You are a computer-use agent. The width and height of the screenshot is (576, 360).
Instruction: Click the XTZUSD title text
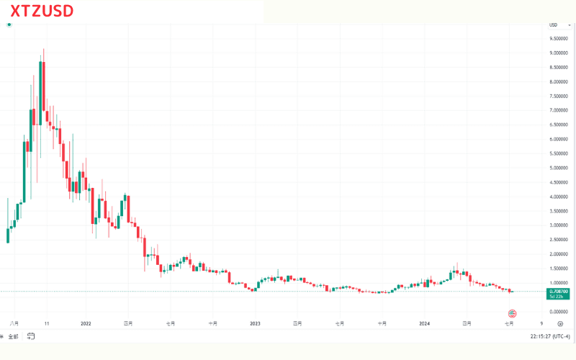(42, 11)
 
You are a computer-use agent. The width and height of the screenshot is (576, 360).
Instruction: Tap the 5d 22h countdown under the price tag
(559, 296)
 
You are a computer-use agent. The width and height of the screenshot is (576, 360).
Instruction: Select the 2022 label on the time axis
(86, 324)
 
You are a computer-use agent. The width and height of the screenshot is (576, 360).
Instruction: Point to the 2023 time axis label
(255, 324)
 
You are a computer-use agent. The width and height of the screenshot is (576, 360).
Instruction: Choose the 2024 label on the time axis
(424, 324)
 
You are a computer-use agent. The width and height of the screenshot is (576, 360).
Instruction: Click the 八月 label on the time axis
(14, 324)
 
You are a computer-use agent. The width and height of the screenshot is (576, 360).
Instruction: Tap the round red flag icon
(513, 313)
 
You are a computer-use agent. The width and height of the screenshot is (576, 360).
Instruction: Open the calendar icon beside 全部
(31, 336)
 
